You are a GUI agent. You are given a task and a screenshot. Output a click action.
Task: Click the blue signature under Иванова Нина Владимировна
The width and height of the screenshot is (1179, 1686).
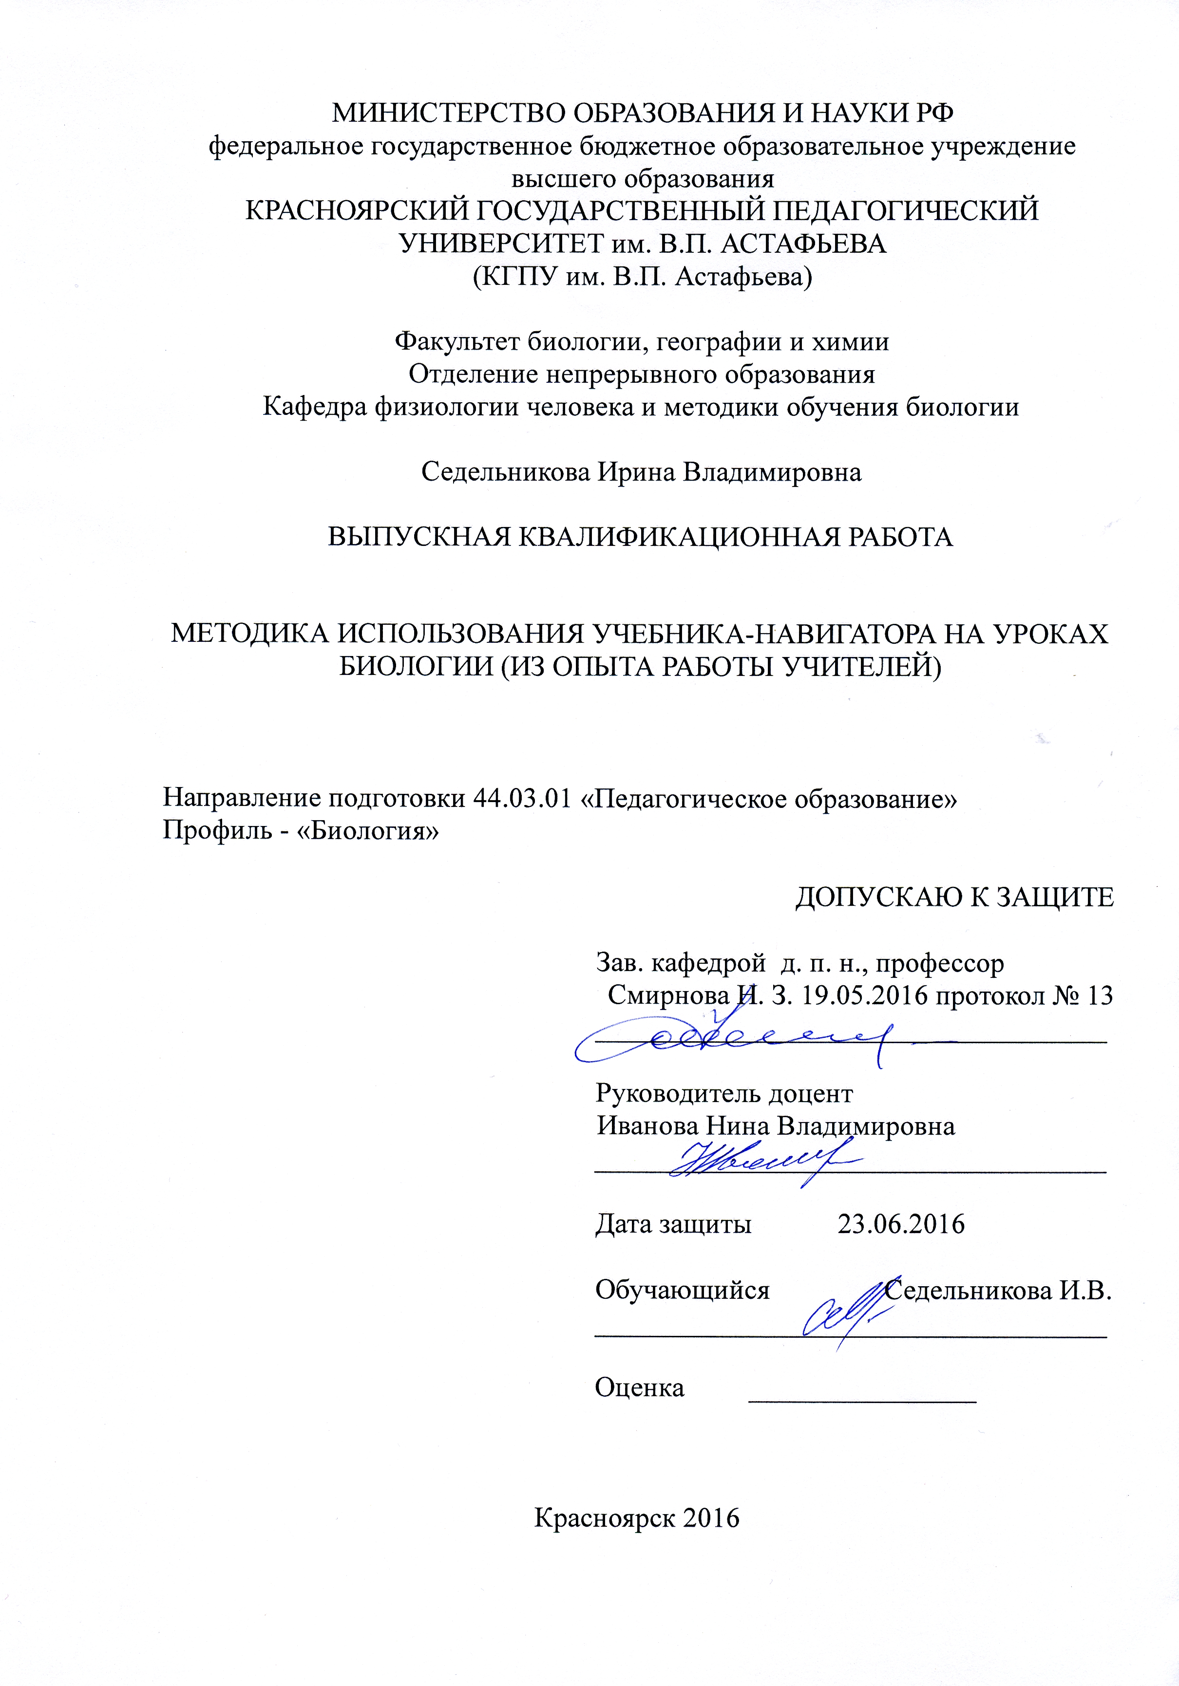coord(764,1160)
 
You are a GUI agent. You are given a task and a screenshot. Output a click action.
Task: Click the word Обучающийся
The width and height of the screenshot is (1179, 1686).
coord(682,1290)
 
